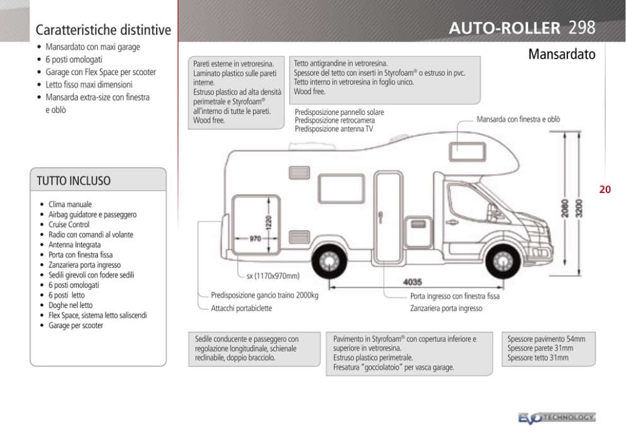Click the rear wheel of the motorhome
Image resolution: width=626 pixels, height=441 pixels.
329,261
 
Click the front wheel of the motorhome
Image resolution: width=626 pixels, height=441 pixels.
503,261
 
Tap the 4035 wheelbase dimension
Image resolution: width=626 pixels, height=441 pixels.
413,282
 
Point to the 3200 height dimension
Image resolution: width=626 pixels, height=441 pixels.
579,208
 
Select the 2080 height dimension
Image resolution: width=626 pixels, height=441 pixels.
565,208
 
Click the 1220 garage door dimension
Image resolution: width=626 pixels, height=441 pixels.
268,222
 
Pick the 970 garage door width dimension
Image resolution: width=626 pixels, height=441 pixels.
255,238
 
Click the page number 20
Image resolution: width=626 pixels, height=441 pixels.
605,189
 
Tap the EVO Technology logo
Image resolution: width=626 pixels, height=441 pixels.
557,418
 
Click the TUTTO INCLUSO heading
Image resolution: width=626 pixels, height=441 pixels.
73,181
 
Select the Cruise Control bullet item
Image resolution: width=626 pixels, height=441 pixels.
69,225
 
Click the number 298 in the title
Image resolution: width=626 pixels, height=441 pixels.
582,28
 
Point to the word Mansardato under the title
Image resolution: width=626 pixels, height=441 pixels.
562,54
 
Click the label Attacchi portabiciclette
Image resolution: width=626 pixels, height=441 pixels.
241,309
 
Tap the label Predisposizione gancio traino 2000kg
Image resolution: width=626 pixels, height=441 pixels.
264,296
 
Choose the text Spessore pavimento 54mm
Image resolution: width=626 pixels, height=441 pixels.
546,339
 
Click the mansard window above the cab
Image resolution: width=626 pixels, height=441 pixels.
468,151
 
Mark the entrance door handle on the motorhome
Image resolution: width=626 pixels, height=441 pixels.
381,218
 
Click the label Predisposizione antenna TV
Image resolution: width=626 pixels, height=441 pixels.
334,129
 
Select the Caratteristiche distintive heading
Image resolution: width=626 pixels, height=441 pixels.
103,30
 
